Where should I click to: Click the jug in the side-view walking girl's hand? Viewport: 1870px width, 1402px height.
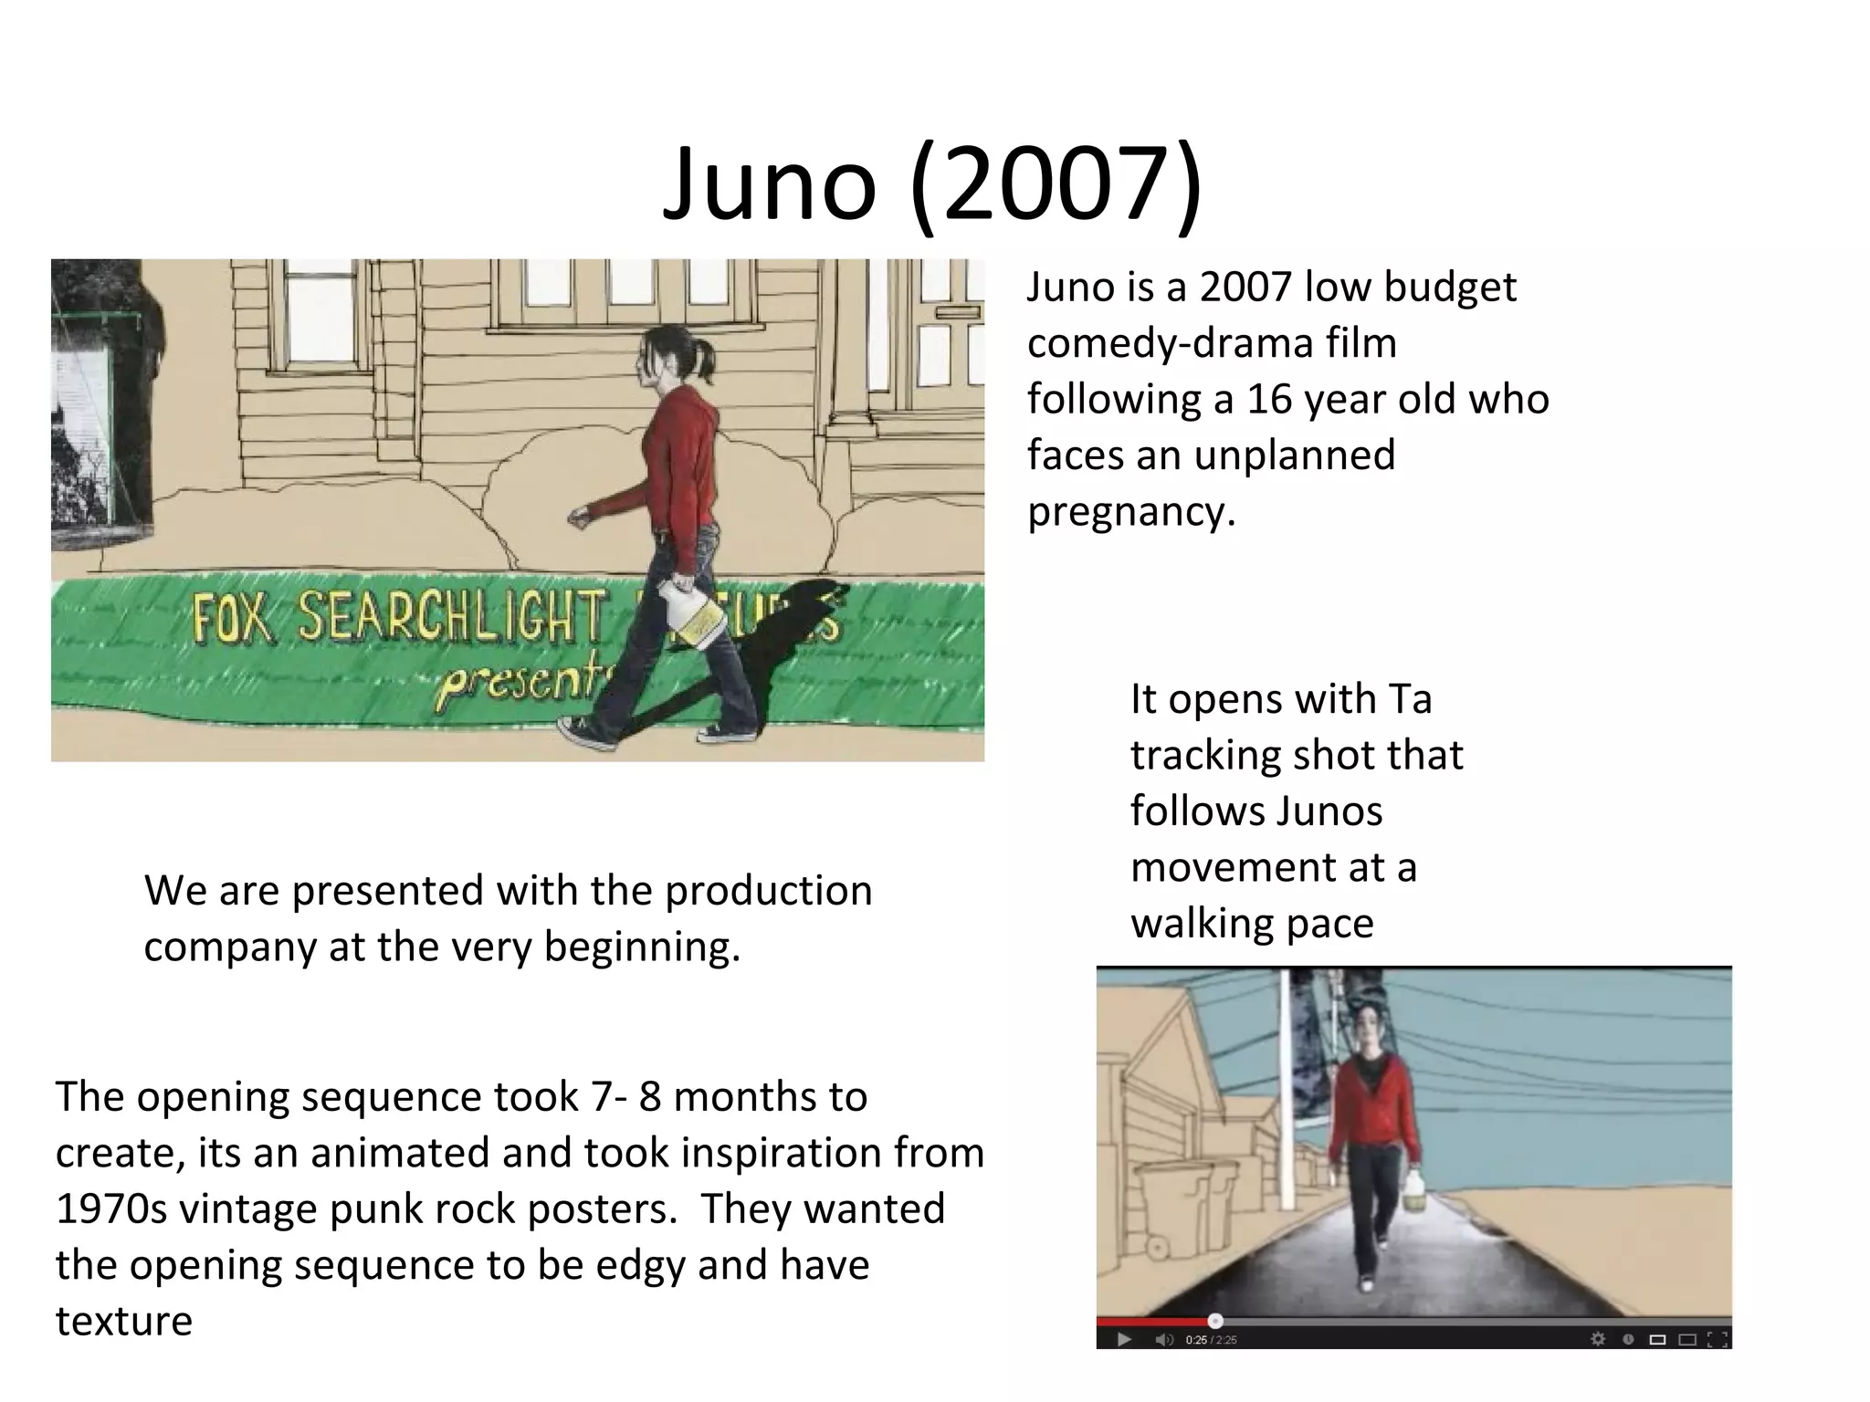click(x=695, y=618)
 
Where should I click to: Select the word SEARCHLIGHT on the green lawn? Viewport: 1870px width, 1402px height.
click(x=452, y=616)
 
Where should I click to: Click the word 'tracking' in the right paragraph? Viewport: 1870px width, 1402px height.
click(x=1191, y=756)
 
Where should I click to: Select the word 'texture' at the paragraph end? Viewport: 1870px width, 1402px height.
click(x=124, y=1321)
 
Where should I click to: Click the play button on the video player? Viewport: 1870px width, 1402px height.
click(x=1124, y=1340)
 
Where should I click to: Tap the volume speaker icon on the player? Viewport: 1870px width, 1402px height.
click(x=1163, y=1340)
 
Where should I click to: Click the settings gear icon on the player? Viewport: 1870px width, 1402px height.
click(x=1598, y=1340)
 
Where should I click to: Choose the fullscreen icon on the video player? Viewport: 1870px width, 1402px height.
click(x=1718, y=1340)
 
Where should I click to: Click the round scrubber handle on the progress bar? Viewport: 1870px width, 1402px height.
click(x=1215, y=1321)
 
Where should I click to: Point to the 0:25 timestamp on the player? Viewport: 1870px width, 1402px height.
click(x=1195, y=1341)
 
